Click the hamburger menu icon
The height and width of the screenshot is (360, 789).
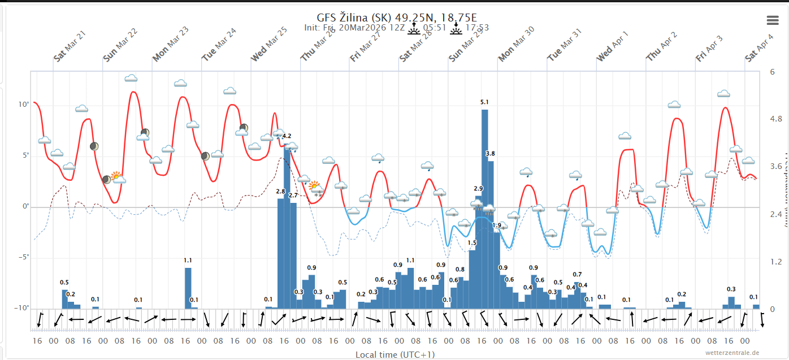[773, 20]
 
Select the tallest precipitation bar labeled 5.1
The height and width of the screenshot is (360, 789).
[484, 209]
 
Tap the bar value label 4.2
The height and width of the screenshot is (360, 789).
[287, 136]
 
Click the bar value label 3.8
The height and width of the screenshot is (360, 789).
[491, 154]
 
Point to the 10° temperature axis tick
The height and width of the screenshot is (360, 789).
[24, 105]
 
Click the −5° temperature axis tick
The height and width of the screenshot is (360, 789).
[23, 257]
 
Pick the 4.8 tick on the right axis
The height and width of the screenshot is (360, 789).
[775, 119]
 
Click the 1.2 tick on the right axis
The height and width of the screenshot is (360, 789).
[775, 262]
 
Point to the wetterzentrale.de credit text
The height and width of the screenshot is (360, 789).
[732, 353]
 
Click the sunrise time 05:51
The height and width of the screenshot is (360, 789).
[435, 28]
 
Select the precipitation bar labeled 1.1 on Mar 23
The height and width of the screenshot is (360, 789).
[188, 288]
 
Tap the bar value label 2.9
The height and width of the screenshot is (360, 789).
[478, 189]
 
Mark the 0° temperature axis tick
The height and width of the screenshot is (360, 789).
[25, 207]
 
